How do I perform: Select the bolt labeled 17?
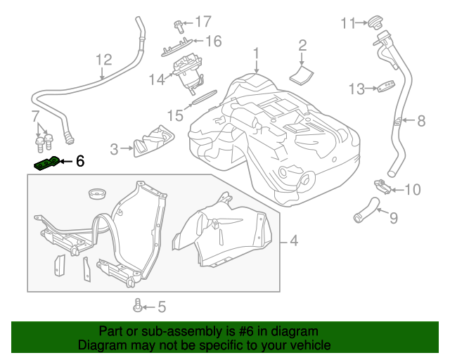tap(179, 26)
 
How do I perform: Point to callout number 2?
tap(302, 46)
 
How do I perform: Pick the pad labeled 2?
tap(303, 73)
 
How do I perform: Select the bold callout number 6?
tap(79, 162)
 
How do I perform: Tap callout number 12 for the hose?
tap(103, 60)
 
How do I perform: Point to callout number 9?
tap(393, 218)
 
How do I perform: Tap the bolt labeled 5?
tap(138, 306)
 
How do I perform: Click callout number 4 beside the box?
tap(293, 241)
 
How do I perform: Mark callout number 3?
tap(115, 148)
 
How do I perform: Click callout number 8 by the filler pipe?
tap(421, 121)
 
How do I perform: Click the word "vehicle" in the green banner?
tap(307, 345)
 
